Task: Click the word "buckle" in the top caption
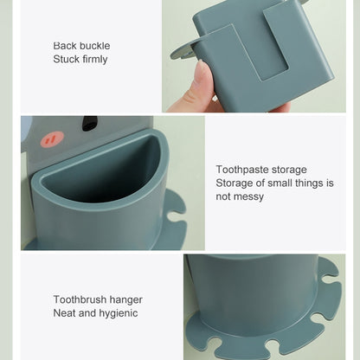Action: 95,46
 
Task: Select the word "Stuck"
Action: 67,59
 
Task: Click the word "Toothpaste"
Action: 242,170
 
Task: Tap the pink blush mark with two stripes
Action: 52,139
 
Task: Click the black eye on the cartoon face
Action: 90,123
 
